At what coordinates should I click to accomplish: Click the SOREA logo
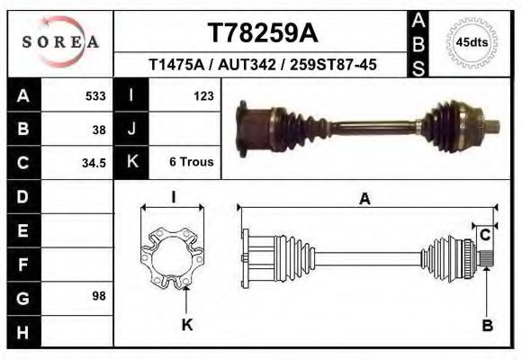[60, 41]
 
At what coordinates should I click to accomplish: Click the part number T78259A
[262, 32]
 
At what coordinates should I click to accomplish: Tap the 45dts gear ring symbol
[472, 41]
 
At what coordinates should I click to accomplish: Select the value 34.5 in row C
[94, 163]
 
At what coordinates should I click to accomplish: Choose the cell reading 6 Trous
[191, 163]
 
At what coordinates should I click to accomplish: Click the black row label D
[22, 196]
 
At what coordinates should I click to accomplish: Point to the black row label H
[22, 332]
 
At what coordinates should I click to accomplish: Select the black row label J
[131, 129]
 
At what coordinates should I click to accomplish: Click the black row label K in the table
[131, 163]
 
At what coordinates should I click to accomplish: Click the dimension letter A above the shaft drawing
[364, 200]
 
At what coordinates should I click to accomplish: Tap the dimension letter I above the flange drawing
[173, 196]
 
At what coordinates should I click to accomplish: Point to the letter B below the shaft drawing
[487, 327]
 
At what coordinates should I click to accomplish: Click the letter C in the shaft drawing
[484, 236]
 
